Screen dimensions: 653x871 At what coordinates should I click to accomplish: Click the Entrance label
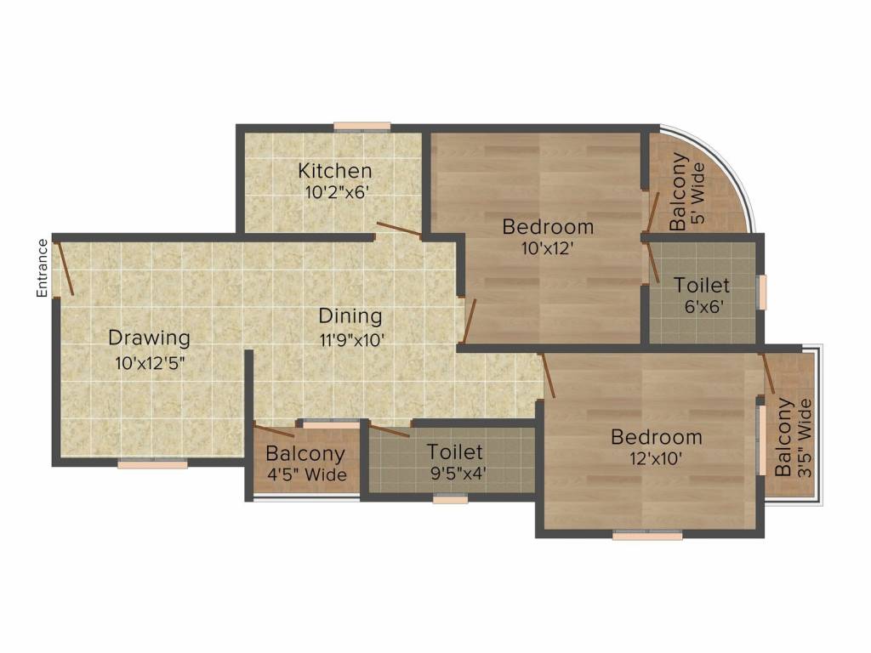point(42,269)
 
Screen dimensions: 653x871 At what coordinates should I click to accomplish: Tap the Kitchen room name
point(335,171)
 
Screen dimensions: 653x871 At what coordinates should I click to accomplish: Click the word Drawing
point(149,338)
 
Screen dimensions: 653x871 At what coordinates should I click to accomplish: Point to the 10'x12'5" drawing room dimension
point(150,363)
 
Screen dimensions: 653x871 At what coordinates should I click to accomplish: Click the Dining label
point(350,316)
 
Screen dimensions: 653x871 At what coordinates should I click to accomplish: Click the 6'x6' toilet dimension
point(702,307)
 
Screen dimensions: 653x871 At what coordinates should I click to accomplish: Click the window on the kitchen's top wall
point(361,127)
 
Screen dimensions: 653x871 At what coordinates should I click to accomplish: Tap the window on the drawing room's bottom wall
point(152,464)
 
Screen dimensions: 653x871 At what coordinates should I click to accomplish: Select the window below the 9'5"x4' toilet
point(450,500)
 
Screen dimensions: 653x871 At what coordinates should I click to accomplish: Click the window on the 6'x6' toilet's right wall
point(763,292)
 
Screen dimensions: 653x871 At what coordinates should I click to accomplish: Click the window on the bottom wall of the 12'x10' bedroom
point(647,536)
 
